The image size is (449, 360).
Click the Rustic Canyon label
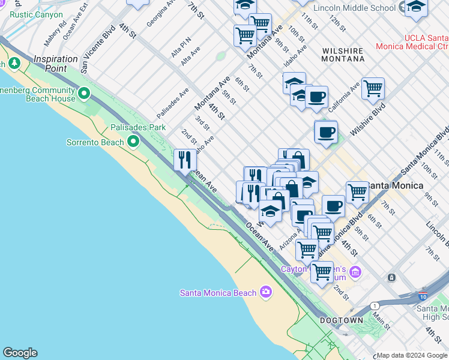(37, 14)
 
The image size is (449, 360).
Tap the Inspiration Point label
(56, 64)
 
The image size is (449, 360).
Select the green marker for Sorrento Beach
(133, 142)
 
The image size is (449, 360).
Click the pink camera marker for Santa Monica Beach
(265, 292)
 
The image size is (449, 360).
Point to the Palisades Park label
(137, 127)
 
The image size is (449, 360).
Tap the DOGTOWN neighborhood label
(342, 320)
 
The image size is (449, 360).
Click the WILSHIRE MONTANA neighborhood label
(343, 55)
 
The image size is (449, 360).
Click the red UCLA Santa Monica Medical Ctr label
(411, 41)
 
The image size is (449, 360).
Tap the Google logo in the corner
(20, 353)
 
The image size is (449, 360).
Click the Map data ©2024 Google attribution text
(412, 355)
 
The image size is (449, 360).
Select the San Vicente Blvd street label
(98, 49)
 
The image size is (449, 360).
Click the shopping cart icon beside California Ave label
(373, 89)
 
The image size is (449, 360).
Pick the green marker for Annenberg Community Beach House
(83, 93)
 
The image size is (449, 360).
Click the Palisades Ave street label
(173, 103)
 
